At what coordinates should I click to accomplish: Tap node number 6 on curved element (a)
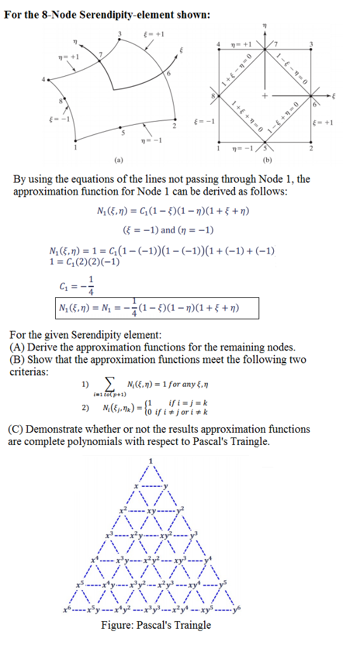168,75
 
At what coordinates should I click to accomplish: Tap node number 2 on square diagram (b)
311,149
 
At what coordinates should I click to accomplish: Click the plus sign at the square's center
267,96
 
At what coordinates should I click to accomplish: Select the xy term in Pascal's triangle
151,510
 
